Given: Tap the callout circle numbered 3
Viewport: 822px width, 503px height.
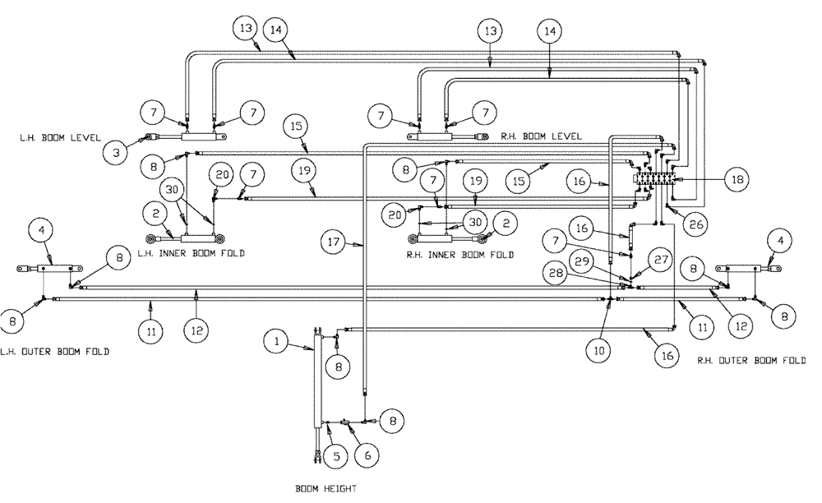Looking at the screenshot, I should tap(116, 151).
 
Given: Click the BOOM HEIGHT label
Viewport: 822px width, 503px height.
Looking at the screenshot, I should tap(326, 489).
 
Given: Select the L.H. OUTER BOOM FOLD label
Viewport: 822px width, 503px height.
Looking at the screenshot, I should tap(55, 351).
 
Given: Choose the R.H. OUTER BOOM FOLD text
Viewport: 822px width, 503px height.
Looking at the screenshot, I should tap(750, 361).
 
